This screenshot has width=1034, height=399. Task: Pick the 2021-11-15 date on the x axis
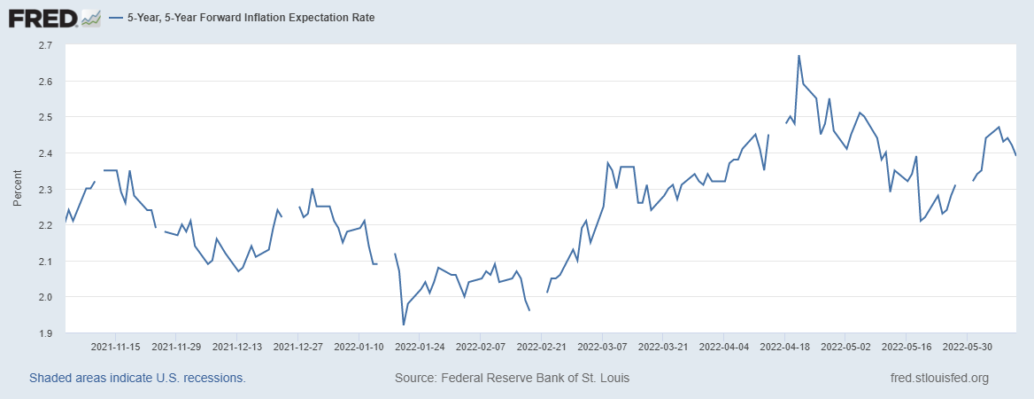coord(117,347)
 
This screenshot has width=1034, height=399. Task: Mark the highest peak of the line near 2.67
coord(799,56)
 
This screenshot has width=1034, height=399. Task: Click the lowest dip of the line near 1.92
coord(404,325)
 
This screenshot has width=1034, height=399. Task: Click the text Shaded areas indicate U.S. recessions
coord(137,378)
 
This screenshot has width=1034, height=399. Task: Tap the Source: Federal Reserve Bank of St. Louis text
coord(513,378)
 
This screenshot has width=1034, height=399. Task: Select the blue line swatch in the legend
coord(116,18)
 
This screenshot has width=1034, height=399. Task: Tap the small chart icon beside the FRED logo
coord(90,18)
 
